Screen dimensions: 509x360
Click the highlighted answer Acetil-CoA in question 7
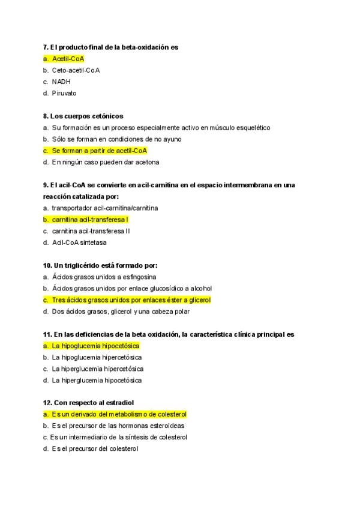(68, 59)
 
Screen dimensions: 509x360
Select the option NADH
(61, 82)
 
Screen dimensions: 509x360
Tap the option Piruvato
(64, 93)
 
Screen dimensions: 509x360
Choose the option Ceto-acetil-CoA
(76, 70)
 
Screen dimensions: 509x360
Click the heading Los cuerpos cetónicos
(86, 116)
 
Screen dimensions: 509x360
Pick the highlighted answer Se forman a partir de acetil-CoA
(99, 151)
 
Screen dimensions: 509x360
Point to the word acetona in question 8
(146, 162)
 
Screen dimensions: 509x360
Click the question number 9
(46, 185)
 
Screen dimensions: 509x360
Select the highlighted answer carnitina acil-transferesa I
(90, 219)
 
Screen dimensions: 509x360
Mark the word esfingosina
(139, 277)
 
